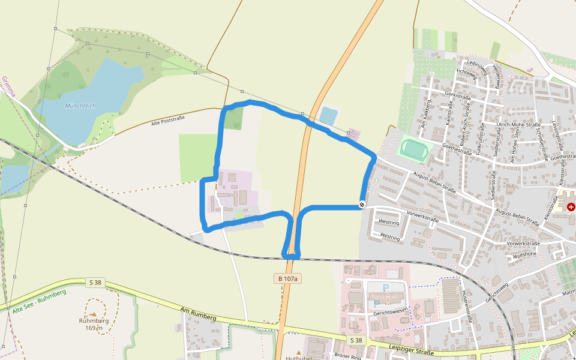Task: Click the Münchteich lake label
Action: click(80, 106)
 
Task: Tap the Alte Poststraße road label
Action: click(168, 121)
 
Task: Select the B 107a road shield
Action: click(287, 278)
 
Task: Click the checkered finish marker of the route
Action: click(362, 205)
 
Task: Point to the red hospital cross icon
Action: click(571, 206)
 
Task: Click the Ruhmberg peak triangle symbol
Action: click(93, 314)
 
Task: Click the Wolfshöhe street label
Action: click(524, 254)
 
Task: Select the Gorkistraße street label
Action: click(457, 95)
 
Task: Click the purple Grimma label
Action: click(8, 87)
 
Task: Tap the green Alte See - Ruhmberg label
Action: click(39, 301)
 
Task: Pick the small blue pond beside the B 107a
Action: click(329, 115)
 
